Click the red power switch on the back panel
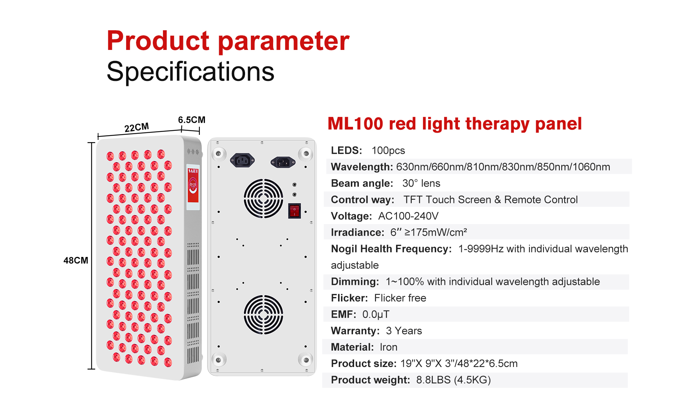294,211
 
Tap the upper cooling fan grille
263,198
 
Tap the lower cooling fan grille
263,315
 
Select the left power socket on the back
242,160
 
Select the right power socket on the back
283,162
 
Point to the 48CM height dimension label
76,260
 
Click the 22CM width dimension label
137,128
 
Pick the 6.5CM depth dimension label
191,120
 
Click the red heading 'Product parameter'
228,41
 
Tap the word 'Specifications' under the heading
190,71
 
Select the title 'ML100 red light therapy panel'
454,124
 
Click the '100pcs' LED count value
388,151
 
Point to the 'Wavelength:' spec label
362,167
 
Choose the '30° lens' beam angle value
421,183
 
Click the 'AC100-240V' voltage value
408,216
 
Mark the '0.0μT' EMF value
376,315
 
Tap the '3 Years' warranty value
404,331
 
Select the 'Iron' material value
388,347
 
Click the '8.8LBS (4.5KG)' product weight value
453,380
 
